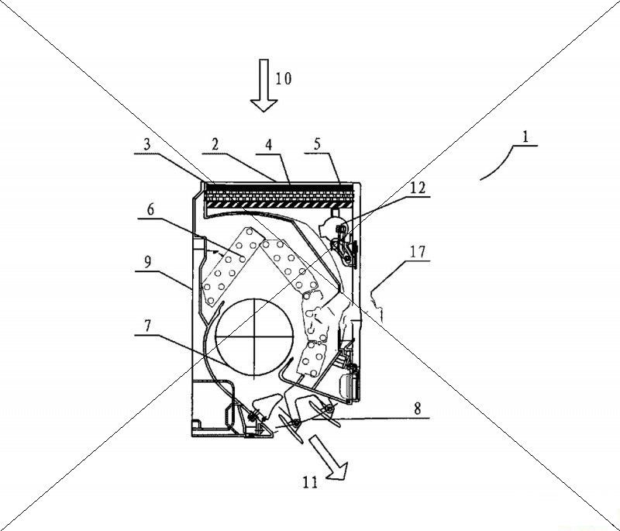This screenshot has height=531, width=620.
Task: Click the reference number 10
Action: click(284, 78)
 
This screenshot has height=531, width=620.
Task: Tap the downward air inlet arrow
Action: click(263, 85)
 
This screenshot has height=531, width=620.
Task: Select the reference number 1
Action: click(525, 136)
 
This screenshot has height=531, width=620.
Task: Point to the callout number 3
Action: click(147, 144)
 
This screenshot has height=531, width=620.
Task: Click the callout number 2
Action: click(215, 144)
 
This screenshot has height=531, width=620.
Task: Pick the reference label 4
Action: click(269, 144)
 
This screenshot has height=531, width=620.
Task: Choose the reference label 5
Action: click(318, 144)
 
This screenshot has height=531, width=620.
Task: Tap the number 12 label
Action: click(418, 188)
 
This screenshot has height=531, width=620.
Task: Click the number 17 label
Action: click(418, 251)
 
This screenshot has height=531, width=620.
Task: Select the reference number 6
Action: click(150, 209)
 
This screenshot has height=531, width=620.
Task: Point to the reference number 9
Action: click(147, 263)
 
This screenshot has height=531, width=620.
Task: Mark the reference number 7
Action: click(147, 326)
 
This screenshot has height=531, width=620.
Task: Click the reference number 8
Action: click(418, 408)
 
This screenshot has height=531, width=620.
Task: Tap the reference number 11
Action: click(310, 482)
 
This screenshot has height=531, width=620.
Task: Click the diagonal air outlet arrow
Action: click(328, 458)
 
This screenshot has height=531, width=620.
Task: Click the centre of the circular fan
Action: click(255, 336)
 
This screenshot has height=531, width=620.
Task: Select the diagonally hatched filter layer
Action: click(278, 205)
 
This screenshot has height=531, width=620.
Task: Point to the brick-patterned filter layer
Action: click(279, 195)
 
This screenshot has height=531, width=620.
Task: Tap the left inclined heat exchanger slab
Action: click(232, 266)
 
